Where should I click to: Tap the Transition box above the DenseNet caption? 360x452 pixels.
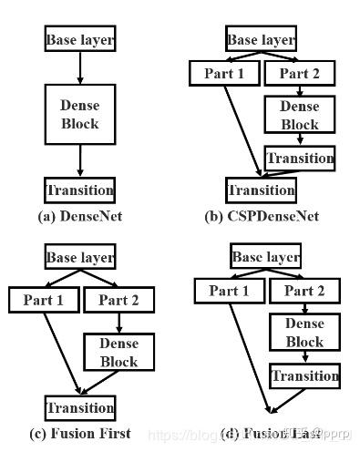coord(80,190)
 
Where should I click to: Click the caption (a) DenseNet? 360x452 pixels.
coord(80,216)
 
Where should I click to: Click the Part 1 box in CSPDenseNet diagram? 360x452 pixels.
coord(222,73)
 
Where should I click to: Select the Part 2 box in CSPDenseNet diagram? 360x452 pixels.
coord(299,73)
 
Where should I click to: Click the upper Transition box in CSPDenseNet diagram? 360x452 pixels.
coord(301,158)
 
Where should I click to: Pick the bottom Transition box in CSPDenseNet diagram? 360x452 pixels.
coord(261,190)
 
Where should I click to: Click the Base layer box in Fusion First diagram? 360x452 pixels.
coord(80,258)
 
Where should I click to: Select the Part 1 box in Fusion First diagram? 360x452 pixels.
coord(43,298)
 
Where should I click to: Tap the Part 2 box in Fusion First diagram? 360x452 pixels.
coord(119,298)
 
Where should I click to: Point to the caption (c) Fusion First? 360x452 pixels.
coord(80,433)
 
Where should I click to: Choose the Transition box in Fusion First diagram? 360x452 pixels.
coord(80,407)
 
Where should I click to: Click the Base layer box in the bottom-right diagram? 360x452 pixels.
coord(266,257)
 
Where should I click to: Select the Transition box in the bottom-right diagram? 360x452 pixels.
coord(305,375)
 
